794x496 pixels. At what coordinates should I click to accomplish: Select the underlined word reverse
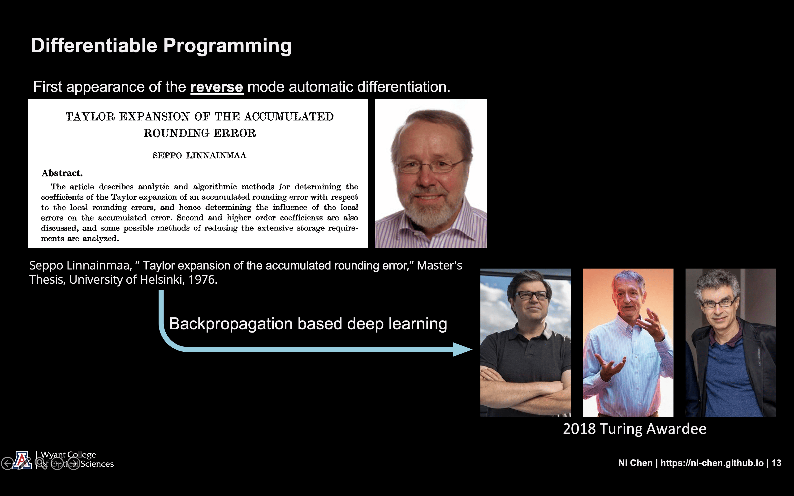pyautogui.click(x=216, y=87)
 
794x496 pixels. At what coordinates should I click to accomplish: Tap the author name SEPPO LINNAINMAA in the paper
pyautogui.click(x=199, y=155)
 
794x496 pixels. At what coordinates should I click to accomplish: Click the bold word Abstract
pyautogui.click(x=62, y=173)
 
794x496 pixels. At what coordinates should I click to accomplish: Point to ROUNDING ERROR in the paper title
pyautogui.click(x=199, y=133)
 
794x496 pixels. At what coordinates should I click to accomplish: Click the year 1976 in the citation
pyautogui.click(x=202, y=280)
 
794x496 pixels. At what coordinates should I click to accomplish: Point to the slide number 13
pyautogui.click(x=776, y=463)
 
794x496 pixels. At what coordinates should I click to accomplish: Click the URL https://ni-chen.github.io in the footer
pyautogui.click(x=712, y=463)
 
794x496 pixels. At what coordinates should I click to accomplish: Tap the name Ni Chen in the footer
pyautogui.click(x=635, y=463)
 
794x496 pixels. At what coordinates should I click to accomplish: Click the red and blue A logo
pyautogui.click(x=22, y=460)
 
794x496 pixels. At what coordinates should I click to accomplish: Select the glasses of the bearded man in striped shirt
pyautogui.click(x=431, y=166)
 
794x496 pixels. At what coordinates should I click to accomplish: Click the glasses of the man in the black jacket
pyautogui.click(x=719, y=304)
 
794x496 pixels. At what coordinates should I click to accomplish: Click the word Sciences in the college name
pyautogui.click(x=97, y=464)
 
